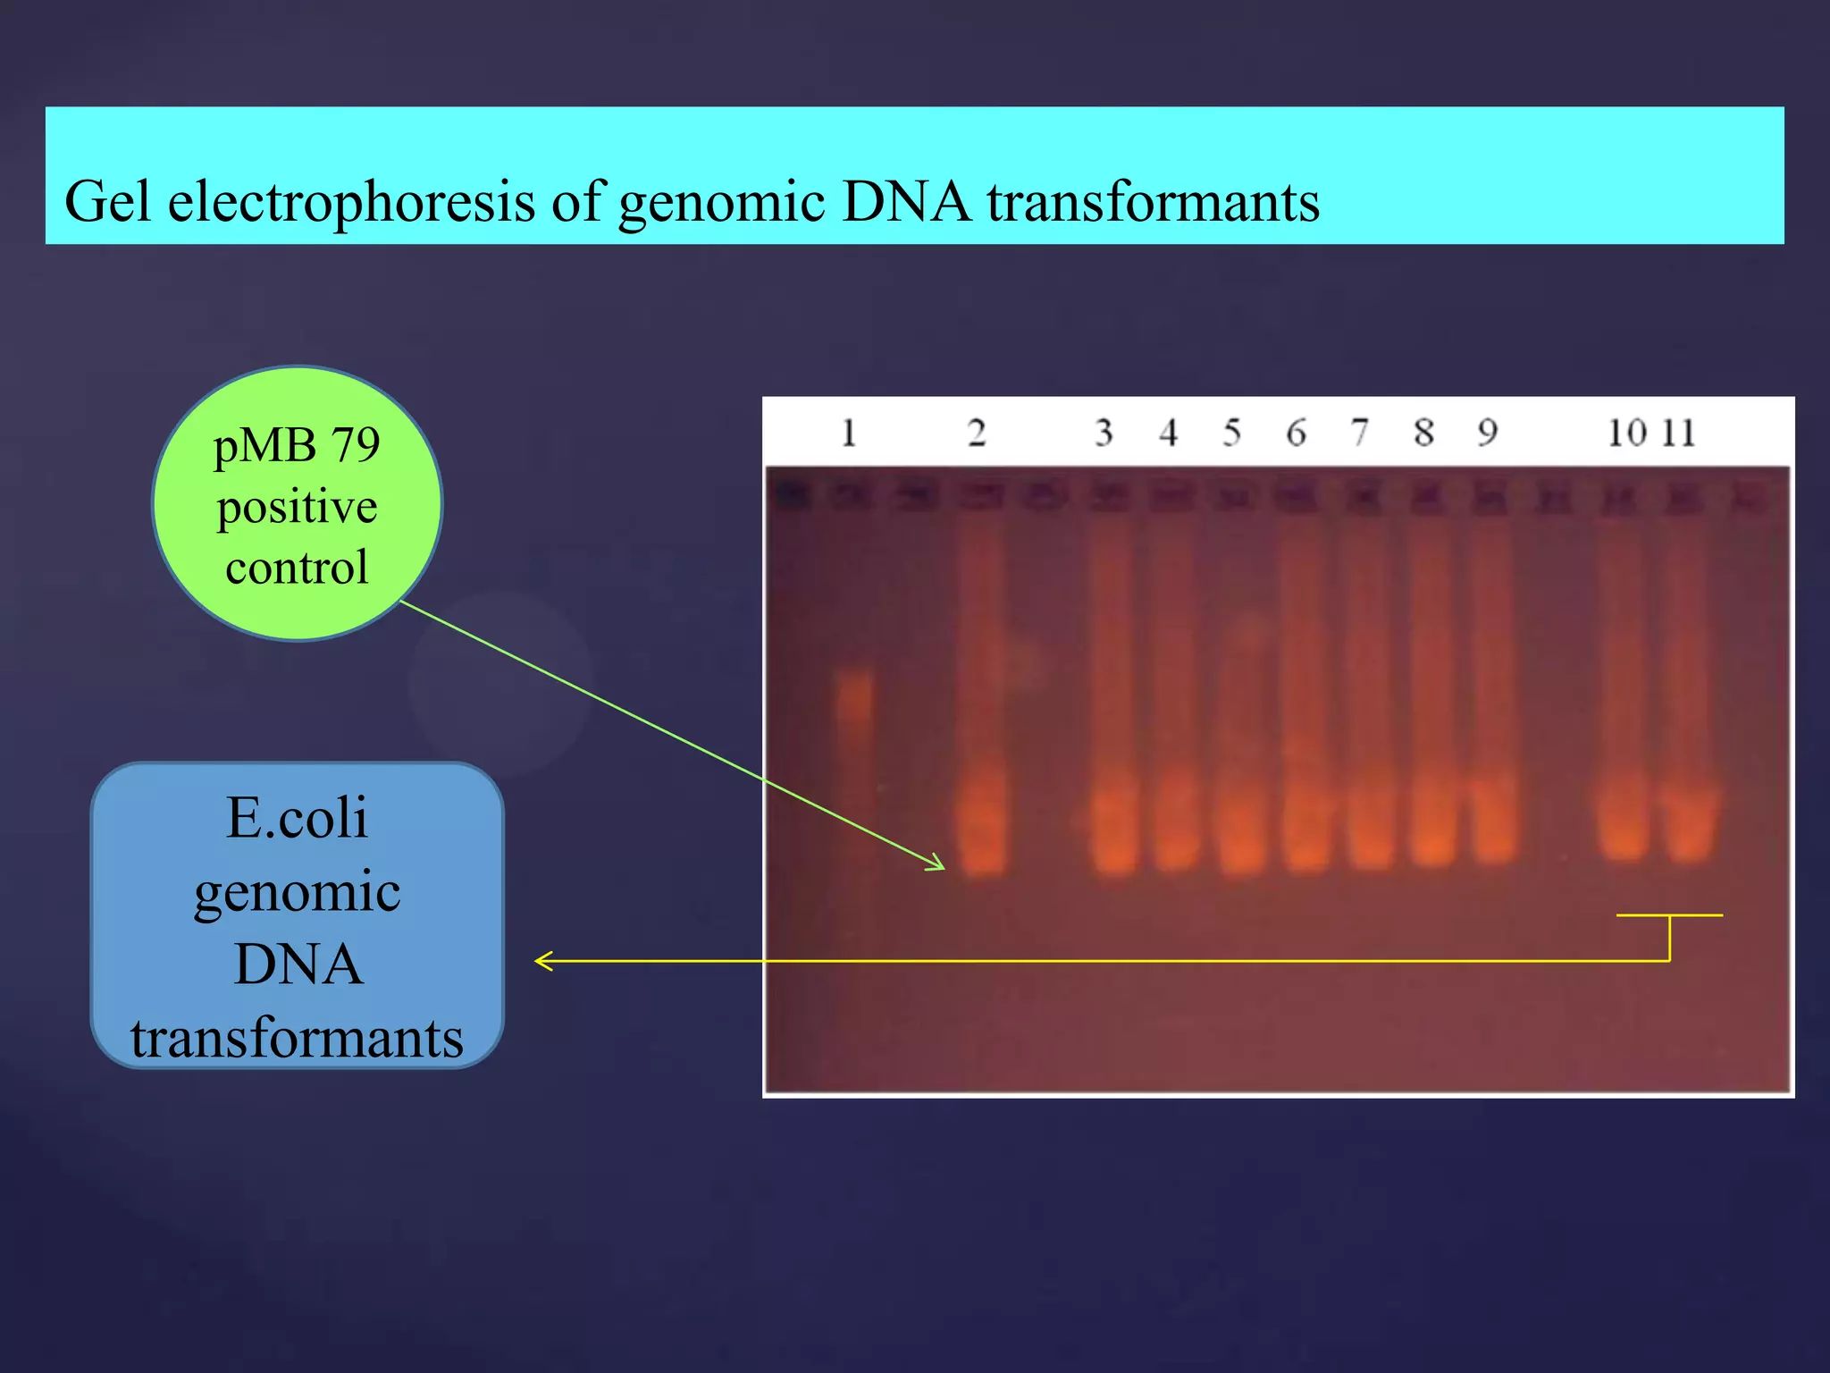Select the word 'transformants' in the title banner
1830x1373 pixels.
tap(1153, 202)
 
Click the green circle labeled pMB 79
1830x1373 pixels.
tap(297, 503)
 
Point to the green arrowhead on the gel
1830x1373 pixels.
tap(938, 864)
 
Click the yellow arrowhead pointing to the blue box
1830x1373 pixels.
tap(541, 961)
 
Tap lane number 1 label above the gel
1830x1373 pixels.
tap(849, 434)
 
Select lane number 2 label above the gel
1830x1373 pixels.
tap(977, 434)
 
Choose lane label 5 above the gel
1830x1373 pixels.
tap(1232, 434)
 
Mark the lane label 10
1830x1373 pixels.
tap(1627, 434)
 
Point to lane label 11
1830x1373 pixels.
tap(1678, 434)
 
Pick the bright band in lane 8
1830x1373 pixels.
tap(1433, 827)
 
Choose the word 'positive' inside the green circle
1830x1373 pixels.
tap(297, 507)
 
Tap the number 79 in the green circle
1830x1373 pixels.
tap(355, 444)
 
